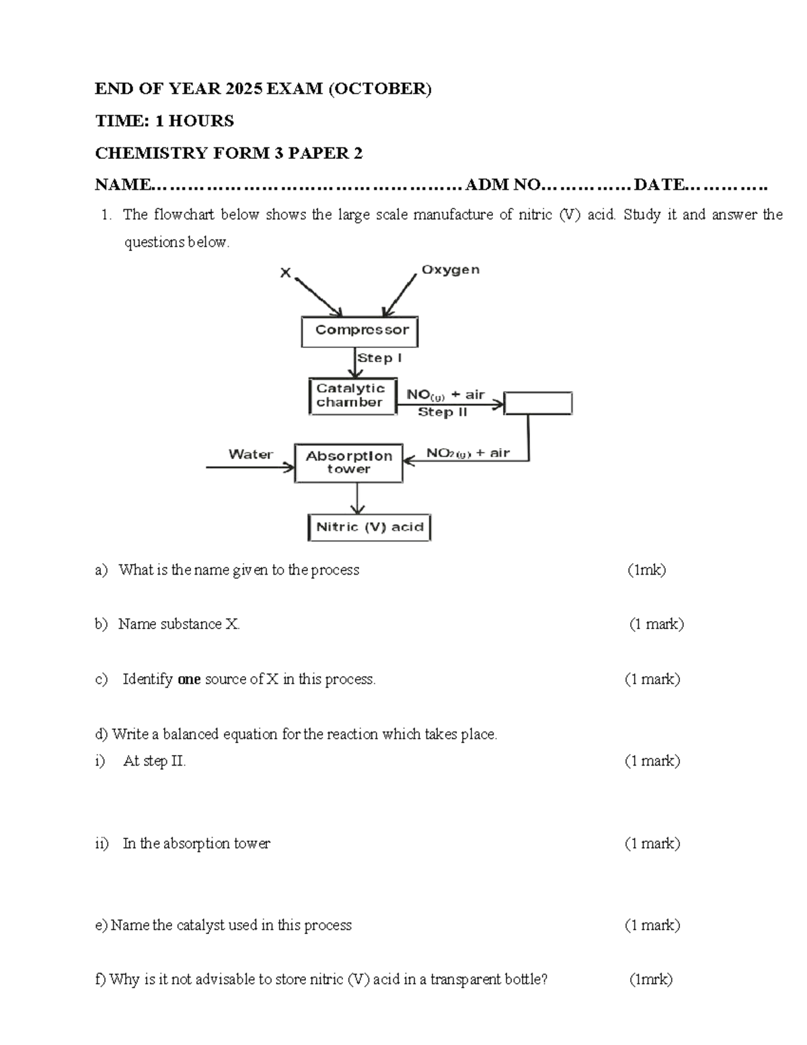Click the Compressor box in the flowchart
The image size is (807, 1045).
pos(360,331)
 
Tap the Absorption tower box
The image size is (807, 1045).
pos(348,462)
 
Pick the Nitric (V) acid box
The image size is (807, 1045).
pos(369,527)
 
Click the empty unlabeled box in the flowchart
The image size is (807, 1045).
pos(538,403)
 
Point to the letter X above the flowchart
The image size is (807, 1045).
pos(286,273)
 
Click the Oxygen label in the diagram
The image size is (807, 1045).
pos(450,270)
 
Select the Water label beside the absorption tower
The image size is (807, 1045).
pos(251,454)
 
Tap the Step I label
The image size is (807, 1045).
pos(379,358)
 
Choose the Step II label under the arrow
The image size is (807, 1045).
pos(442,412)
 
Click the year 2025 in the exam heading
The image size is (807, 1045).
pos(244,88)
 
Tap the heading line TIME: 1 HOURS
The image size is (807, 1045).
pos(164,120)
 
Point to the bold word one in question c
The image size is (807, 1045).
pos(189,679)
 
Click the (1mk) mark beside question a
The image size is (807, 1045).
pos(646,570)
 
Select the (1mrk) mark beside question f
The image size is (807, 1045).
pos(650,979)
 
